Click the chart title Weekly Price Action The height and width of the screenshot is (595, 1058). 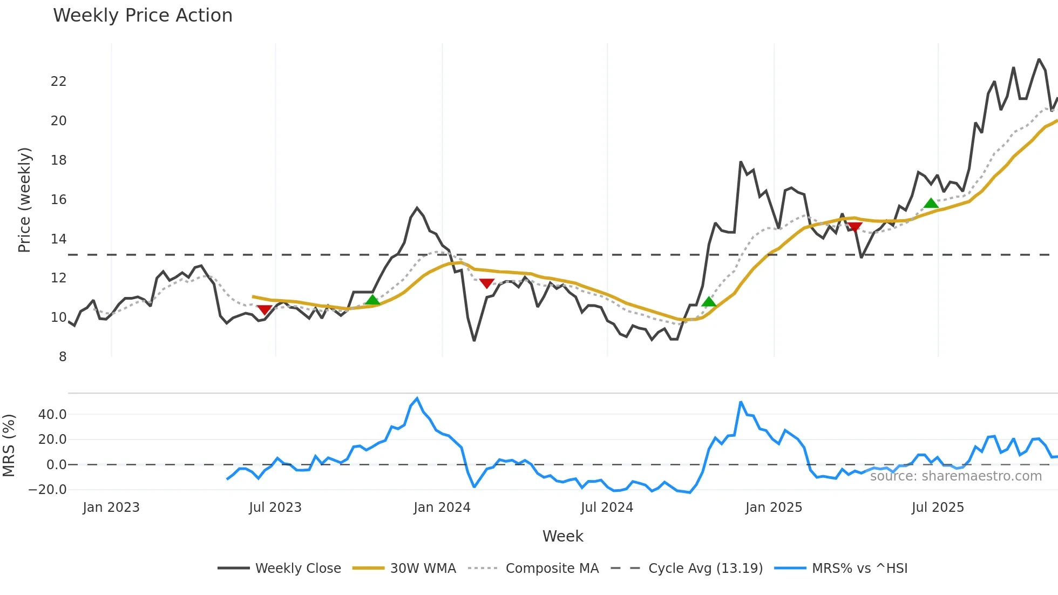point(143,16)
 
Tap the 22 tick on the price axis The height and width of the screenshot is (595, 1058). point(58,82)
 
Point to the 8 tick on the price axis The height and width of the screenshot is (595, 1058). point(63,357)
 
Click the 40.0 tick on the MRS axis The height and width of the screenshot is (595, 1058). point(52,415)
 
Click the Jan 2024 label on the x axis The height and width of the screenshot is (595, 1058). point(442,508)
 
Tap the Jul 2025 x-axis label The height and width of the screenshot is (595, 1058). point(938,508)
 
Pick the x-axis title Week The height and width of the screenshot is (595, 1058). point(562,536)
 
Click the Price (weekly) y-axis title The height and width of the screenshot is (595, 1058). point(24,200)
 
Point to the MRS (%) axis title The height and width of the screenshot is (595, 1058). point(9,445)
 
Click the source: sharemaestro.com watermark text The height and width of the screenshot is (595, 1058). point(955,476)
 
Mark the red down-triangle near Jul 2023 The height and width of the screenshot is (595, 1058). point(264,309)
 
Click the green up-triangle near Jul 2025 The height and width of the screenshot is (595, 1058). point(931,204)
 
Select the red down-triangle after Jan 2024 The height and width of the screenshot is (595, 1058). point(486,283)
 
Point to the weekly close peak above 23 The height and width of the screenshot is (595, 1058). point(1039,59)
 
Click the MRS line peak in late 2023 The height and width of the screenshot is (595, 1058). point(417,398)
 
